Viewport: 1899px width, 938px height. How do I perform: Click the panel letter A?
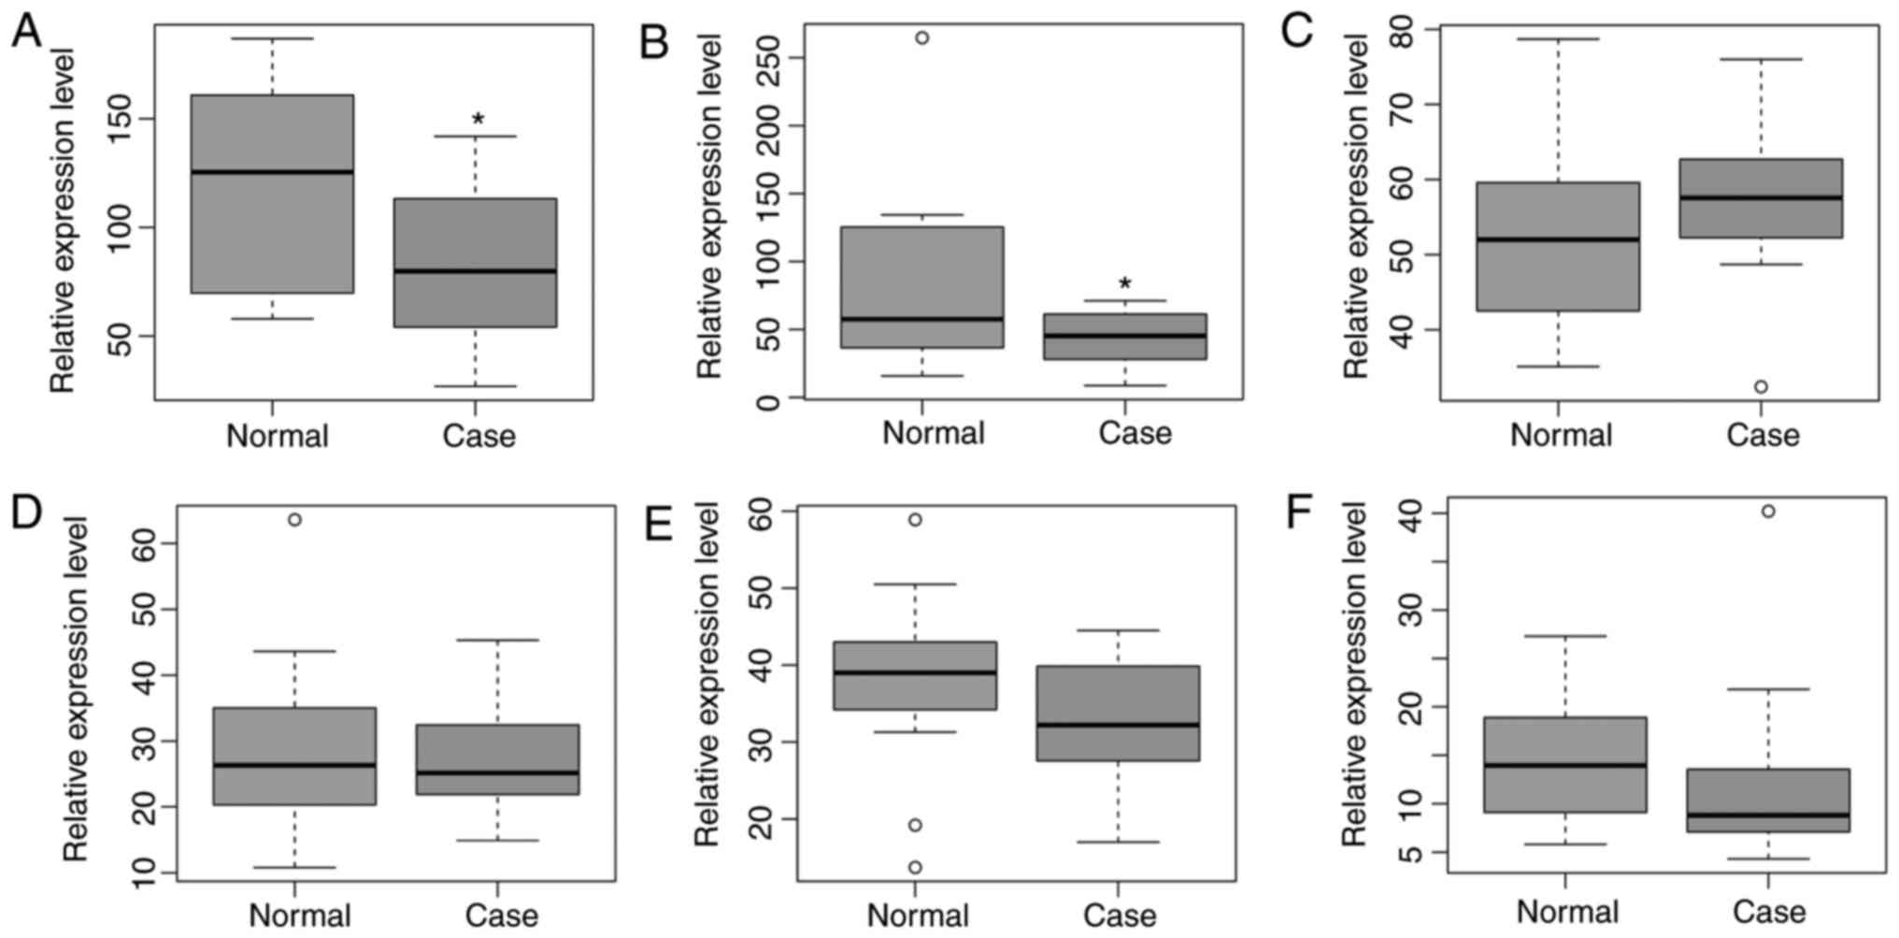(x=26, y=32)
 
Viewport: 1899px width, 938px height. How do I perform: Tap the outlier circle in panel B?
(x=921, y=38)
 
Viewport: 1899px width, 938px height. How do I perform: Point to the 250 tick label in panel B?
(x=769, y=58)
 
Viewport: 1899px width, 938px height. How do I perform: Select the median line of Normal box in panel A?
(x=272, y=172)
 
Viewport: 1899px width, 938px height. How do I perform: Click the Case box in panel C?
(x=1761, y=198)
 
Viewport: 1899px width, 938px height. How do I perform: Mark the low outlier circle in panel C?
(x=1761, y=387)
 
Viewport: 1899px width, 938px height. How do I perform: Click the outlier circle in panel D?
(x=294, y=520)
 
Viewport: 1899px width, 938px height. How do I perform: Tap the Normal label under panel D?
(x=300, y=916)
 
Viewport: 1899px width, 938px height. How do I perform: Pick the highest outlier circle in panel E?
(x=915, y=520)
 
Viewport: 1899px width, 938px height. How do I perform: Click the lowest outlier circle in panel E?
(x=915, y=868)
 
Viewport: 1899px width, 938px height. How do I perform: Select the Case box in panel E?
(x=1118, y=713)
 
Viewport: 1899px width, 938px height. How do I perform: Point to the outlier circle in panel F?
(x=1768, y=512)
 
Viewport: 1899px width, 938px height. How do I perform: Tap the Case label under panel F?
(x=1768, y=912)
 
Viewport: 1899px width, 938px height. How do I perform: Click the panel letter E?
(x=659, y=525)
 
